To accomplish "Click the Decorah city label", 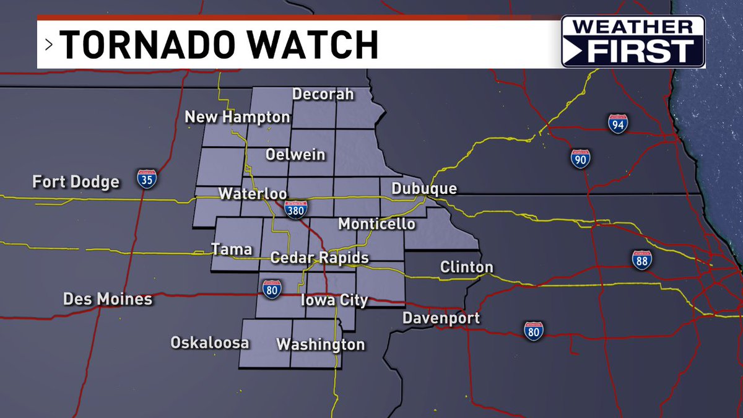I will pos(323,94).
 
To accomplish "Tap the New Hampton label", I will pos(238,117).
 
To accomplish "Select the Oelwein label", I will pos(295,154).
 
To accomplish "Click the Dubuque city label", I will pos(424,189).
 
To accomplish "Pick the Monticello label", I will pos(376,224).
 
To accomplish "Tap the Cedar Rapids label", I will pos(319,258).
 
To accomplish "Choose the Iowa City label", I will pos(334,300).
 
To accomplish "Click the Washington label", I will pos(320,344).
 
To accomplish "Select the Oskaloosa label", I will pos(210,342).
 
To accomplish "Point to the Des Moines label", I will pos(108,300).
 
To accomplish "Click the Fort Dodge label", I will pos(76,182).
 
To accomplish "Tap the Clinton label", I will pos(467,268).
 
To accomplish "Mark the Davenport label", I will pos(441,318).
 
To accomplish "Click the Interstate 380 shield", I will pos(296,209).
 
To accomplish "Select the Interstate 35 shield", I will pos(147,178).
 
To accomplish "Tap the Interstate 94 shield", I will pos(617,124).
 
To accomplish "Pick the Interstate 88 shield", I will pos(642,260).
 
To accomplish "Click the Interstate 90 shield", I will pos(580,159).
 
